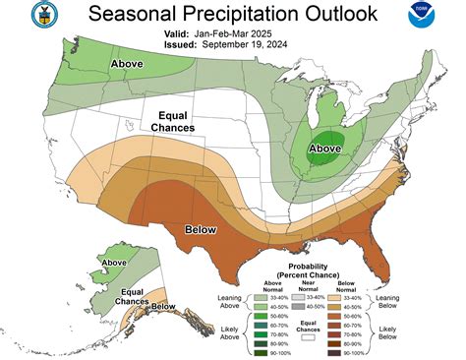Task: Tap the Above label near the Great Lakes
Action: [325, 150]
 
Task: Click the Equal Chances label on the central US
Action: [172, 121]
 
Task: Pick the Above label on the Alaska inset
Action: [114, 263]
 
